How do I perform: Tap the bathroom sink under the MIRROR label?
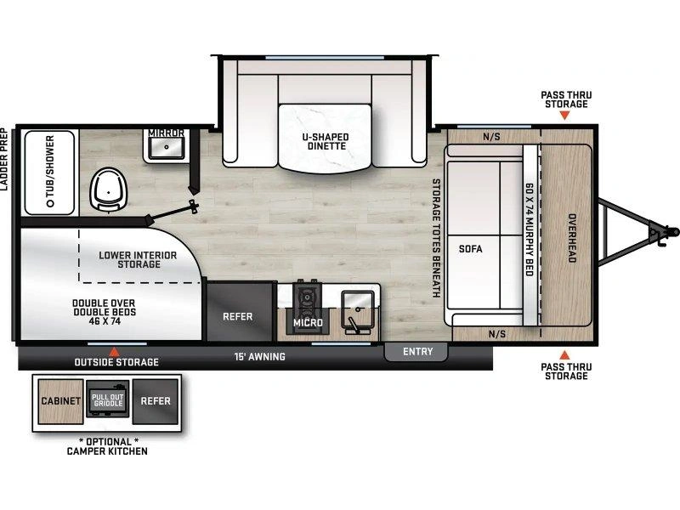point(166,147)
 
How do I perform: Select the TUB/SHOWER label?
point(50,171)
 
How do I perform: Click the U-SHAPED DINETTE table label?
point(326,141)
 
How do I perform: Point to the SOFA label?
point(471,249)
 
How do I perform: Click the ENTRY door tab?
point(416,352)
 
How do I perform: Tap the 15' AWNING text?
point(260,356)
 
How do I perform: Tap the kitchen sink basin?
point(358,308)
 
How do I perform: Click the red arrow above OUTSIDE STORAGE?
point(114,352)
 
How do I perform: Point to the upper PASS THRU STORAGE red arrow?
point(564,115)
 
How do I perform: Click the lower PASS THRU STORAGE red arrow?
point(564,354)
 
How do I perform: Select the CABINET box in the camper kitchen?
point(60,401)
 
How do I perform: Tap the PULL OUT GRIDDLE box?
point(108,399)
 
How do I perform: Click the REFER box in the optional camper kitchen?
point(156,401)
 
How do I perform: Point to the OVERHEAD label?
point(572,238)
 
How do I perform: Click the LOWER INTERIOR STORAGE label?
point(138,259)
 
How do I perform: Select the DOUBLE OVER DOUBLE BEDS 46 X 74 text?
point(104,312)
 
